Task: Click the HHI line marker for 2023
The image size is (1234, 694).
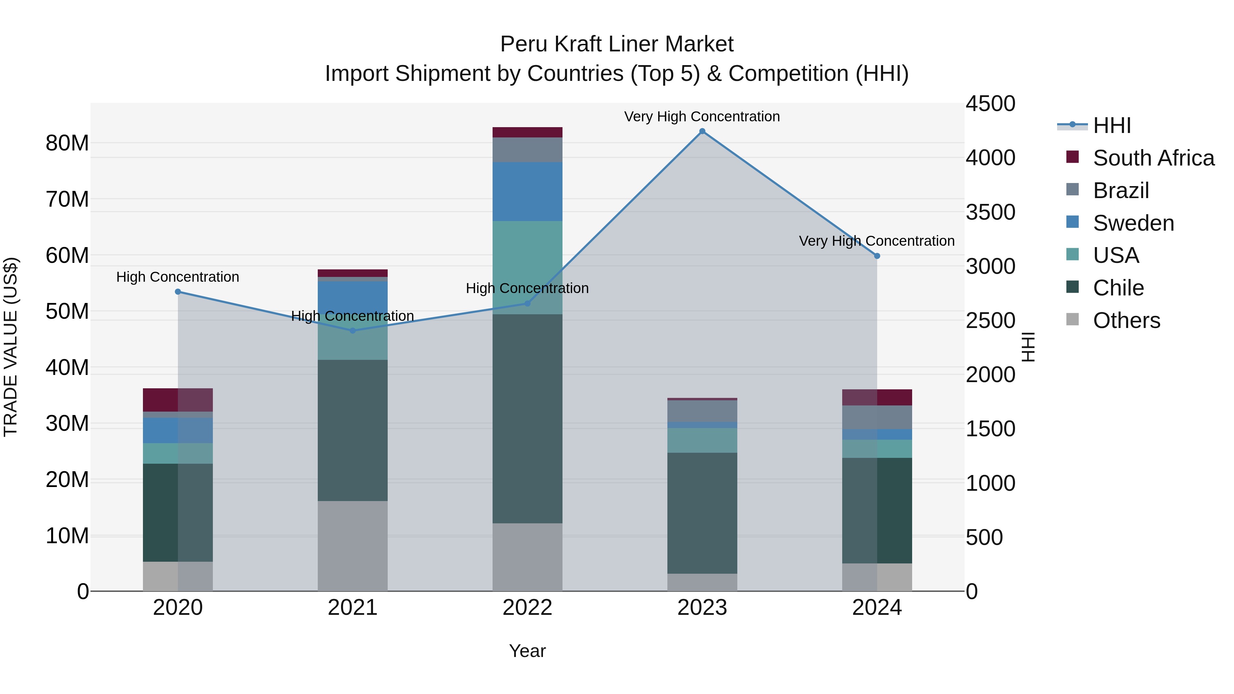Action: coord(702,131)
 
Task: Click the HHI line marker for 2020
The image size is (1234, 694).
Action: coord(178,292)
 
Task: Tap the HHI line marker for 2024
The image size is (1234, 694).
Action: coord(877,256)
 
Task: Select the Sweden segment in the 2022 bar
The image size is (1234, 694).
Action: coord(528,192)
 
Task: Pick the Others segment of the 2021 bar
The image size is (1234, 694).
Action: coord(353,546)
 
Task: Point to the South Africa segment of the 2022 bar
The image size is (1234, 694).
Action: coord(528,132)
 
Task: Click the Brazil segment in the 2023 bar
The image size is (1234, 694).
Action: coord(702,411)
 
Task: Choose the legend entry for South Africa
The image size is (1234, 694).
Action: coord(1153,158)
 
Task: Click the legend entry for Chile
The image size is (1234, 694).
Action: coord(1118,288)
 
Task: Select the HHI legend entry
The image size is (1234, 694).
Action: coord(1111,125)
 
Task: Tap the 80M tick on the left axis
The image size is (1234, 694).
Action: coord(67,143)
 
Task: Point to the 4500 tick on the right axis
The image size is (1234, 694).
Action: coord(990,104)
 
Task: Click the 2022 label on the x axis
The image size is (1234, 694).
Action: coord(528,608)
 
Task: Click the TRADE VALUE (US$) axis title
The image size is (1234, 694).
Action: coord(11,347)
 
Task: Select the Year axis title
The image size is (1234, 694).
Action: coord(528,651)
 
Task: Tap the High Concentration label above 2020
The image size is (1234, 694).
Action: coord(178,277)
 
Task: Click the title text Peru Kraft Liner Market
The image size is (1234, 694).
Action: coord(617,44)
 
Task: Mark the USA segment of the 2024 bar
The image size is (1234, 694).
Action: coord(877,449)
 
